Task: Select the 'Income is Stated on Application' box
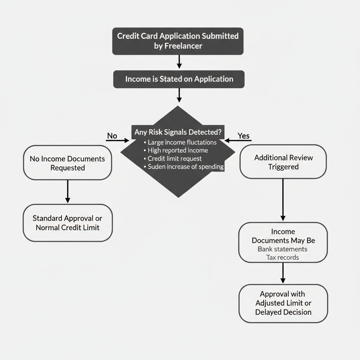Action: [179, 79]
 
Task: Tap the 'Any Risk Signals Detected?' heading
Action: [178, 133]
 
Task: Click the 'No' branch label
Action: [111, 136]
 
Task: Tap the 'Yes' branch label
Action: [243, 136]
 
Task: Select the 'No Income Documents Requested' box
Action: [67, 163]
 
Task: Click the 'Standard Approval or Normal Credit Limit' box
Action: [67, 223]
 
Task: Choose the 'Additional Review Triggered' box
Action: [283, 162]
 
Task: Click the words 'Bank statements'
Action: [282, 249]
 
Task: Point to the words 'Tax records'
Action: [283, 257]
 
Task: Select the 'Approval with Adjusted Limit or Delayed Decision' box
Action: [283, 303]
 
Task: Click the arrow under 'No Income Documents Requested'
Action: [67, 192]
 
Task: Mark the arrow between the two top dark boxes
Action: [179, 62]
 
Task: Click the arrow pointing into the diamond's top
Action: [179, 95]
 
